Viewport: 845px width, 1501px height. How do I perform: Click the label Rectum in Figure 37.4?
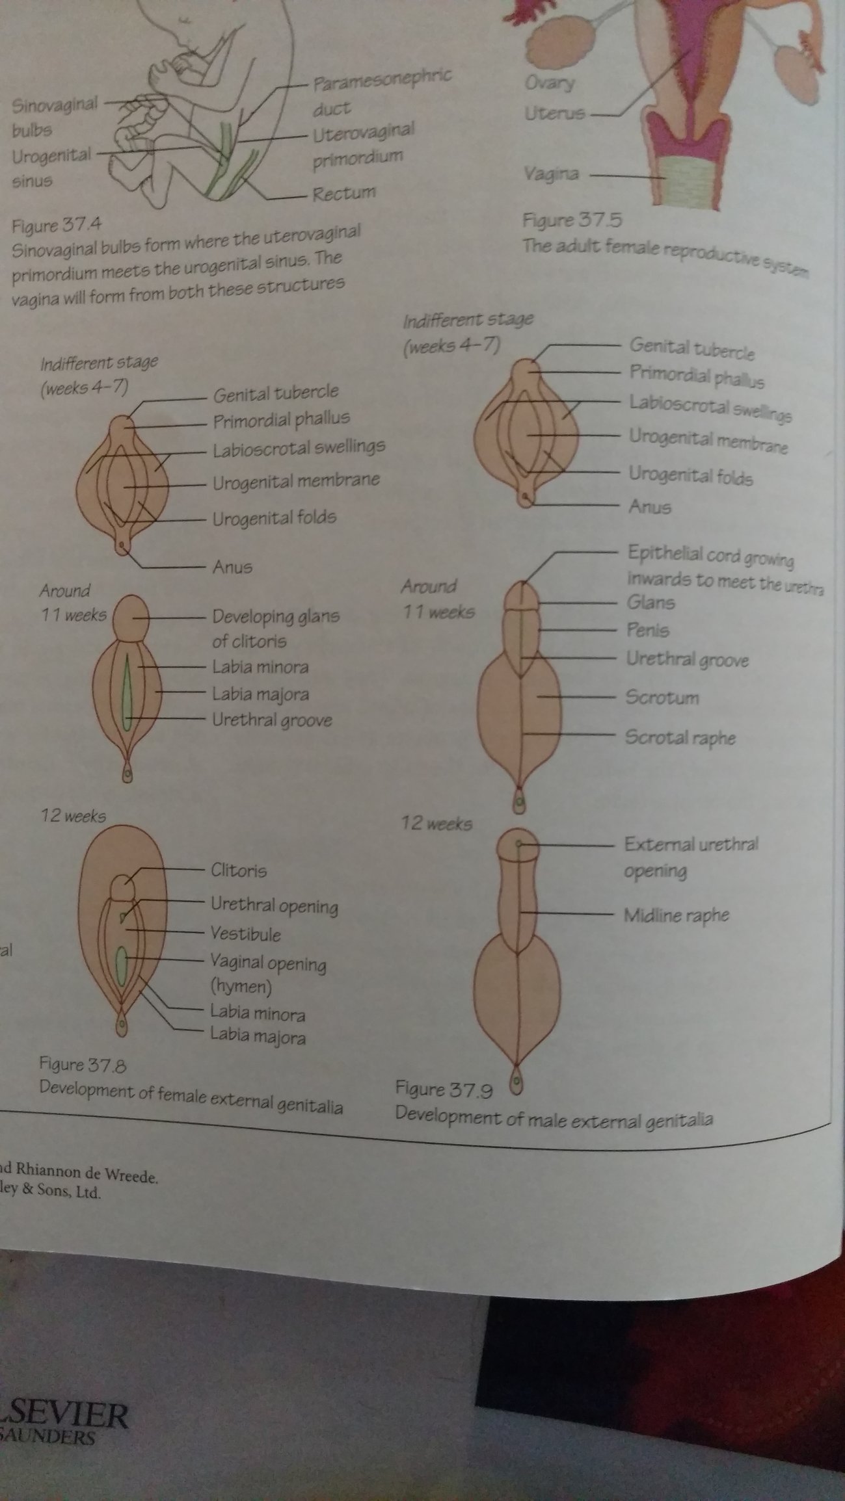344,193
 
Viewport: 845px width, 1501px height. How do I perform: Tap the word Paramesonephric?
382,80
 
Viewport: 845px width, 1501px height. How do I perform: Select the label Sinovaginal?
55,105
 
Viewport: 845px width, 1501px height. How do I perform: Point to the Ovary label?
550,83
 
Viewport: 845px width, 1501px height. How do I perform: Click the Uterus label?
555,114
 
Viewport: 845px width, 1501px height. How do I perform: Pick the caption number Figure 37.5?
572,220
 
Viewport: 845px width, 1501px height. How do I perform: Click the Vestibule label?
245,934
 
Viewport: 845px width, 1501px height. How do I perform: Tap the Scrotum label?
662,698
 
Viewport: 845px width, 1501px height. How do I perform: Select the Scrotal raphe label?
680,737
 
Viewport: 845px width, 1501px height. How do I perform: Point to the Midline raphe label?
676,915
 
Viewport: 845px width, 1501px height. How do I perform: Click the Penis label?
648,629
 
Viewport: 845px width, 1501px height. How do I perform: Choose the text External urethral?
691,844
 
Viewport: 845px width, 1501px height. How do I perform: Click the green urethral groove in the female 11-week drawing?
128,694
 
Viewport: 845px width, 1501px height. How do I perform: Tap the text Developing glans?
276,616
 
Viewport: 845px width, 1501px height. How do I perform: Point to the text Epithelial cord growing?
710,555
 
